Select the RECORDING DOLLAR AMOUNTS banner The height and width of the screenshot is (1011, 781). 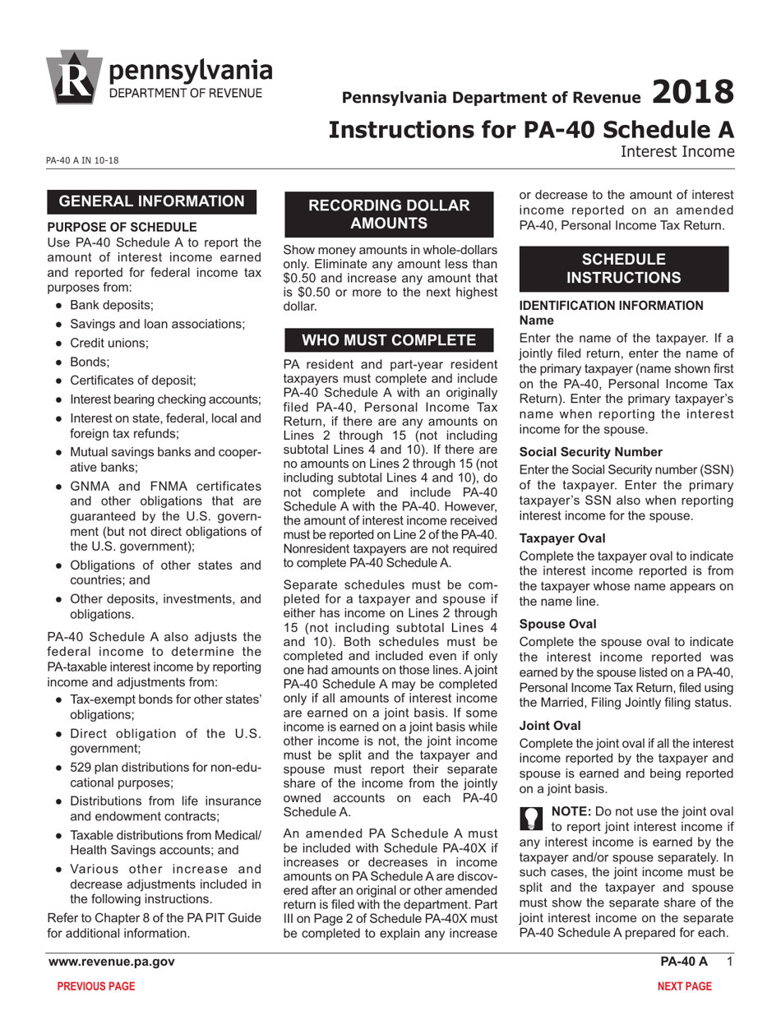388,214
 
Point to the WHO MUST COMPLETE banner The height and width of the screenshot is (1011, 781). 388,340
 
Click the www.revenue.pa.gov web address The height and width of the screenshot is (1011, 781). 112,962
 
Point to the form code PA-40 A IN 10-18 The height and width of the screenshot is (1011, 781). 82,159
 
